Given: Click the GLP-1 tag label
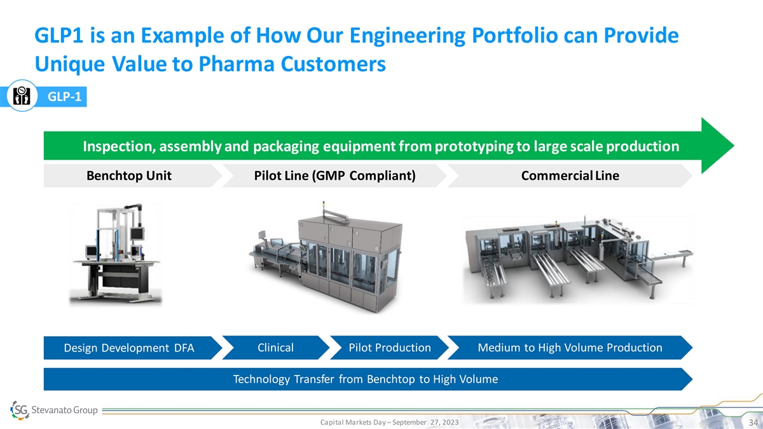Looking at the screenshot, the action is point(64,97).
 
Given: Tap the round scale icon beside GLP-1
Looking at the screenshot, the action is point(22,96).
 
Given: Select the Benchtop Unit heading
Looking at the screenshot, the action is point(128,175).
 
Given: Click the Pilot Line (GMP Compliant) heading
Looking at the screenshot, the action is point(335,175).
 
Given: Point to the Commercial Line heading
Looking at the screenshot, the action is point(570,175).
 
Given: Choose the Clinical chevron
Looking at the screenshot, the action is point(276,348).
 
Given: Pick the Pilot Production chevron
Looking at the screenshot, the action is point(389,348).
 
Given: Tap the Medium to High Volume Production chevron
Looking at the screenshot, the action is point(570,348).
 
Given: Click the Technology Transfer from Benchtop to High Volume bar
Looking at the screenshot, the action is point(368,379).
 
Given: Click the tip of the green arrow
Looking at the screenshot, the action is point(734,146).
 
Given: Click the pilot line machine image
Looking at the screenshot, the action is point(326,257).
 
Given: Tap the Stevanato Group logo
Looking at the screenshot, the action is point(54,410).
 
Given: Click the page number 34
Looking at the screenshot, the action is point(753,423).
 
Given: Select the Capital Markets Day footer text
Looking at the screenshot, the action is point(389,422).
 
